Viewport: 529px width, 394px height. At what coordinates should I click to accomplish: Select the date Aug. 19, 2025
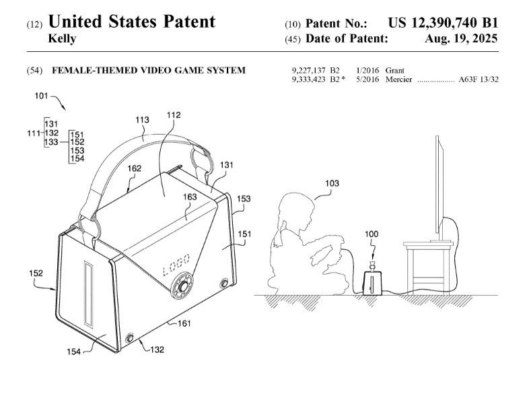tap(462, 38)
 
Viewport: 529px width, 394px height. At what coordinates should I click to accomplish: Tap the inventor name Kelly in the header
tap(63, 38)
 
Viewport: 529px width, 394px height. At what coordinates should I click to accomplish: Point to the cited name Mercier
tap(400, 79)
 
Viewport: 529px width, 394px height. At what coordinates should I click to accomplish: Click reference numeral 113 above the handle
tap(142, 120)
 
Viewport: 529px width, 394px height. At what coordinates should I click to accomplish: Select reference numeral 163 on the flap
tap(190, 197)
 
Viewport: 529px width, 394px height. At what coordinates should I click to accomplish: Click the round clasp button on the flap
tap(182, 287)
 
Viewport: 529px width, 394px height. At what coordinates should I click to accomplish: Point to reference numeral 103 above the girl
tap(332, 183)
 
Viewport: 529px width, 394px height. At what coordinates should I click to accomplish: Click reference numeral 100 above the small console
tap(372, 234)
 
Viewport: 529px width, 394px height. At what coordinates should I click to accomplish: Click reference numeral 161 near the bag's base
tap(184, 324)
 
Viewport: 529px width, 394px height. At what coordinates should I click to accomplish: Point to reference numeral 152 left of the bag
tap(36, 273)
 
